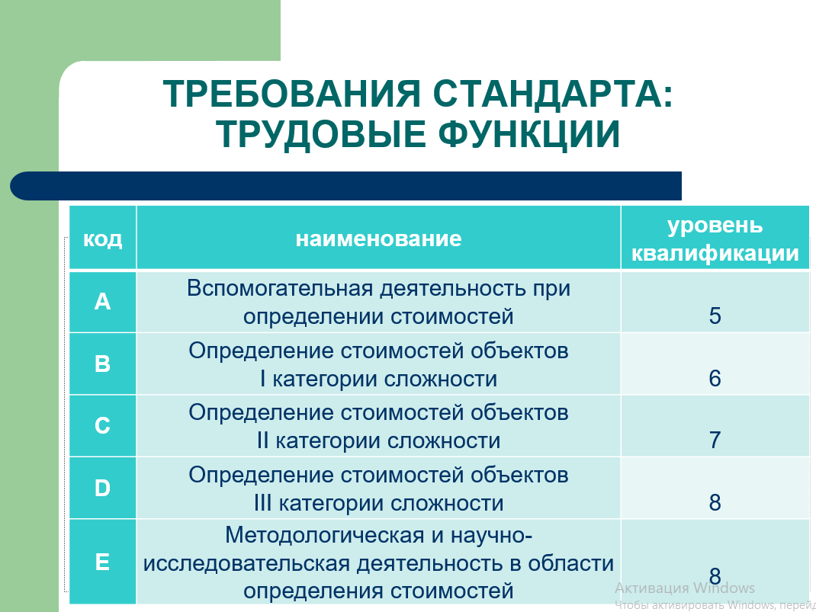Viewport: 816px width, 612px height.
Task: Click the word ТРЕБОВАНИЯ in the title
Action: click(291, 94)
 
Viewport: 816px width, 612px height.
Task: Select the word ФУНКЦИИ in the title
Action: click(528, 134)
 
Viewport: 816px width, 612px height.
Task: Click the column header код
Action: click(102, 239)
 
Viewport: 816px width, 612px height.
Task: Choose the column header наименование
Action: click(378, 239)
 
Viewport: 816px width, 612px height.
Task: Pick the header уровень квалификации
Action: click(715, 239)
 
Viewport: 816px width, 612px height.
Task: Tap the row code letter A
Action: click(102, 302)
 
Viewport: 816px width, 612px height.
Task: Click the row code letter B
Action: click(102, 364)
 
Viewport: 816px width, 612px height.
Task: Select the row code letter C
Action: click(102, 426)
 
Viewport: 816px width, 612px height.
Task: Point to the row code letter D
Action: click(102, 489)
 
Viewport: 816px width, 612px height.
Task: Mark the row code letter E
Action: click(102, 562)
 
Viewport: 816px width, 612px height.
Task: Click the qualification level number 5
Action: click(715, 316)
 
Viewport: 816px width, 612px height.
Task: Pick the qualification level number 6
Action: click(715, 379)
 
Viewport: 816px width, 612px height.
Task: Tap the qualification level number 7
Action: click(715, 441)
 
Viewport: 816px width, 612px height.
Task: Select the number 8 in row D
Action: click(715, 503)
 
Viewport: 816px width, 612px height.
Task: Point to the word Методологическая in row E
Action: click(324, 536)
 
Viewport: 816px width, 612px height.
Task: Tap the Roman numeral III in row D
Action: click(263, 503)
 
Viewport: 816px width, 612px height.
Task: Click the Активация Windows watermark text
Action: click(684, 588)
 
